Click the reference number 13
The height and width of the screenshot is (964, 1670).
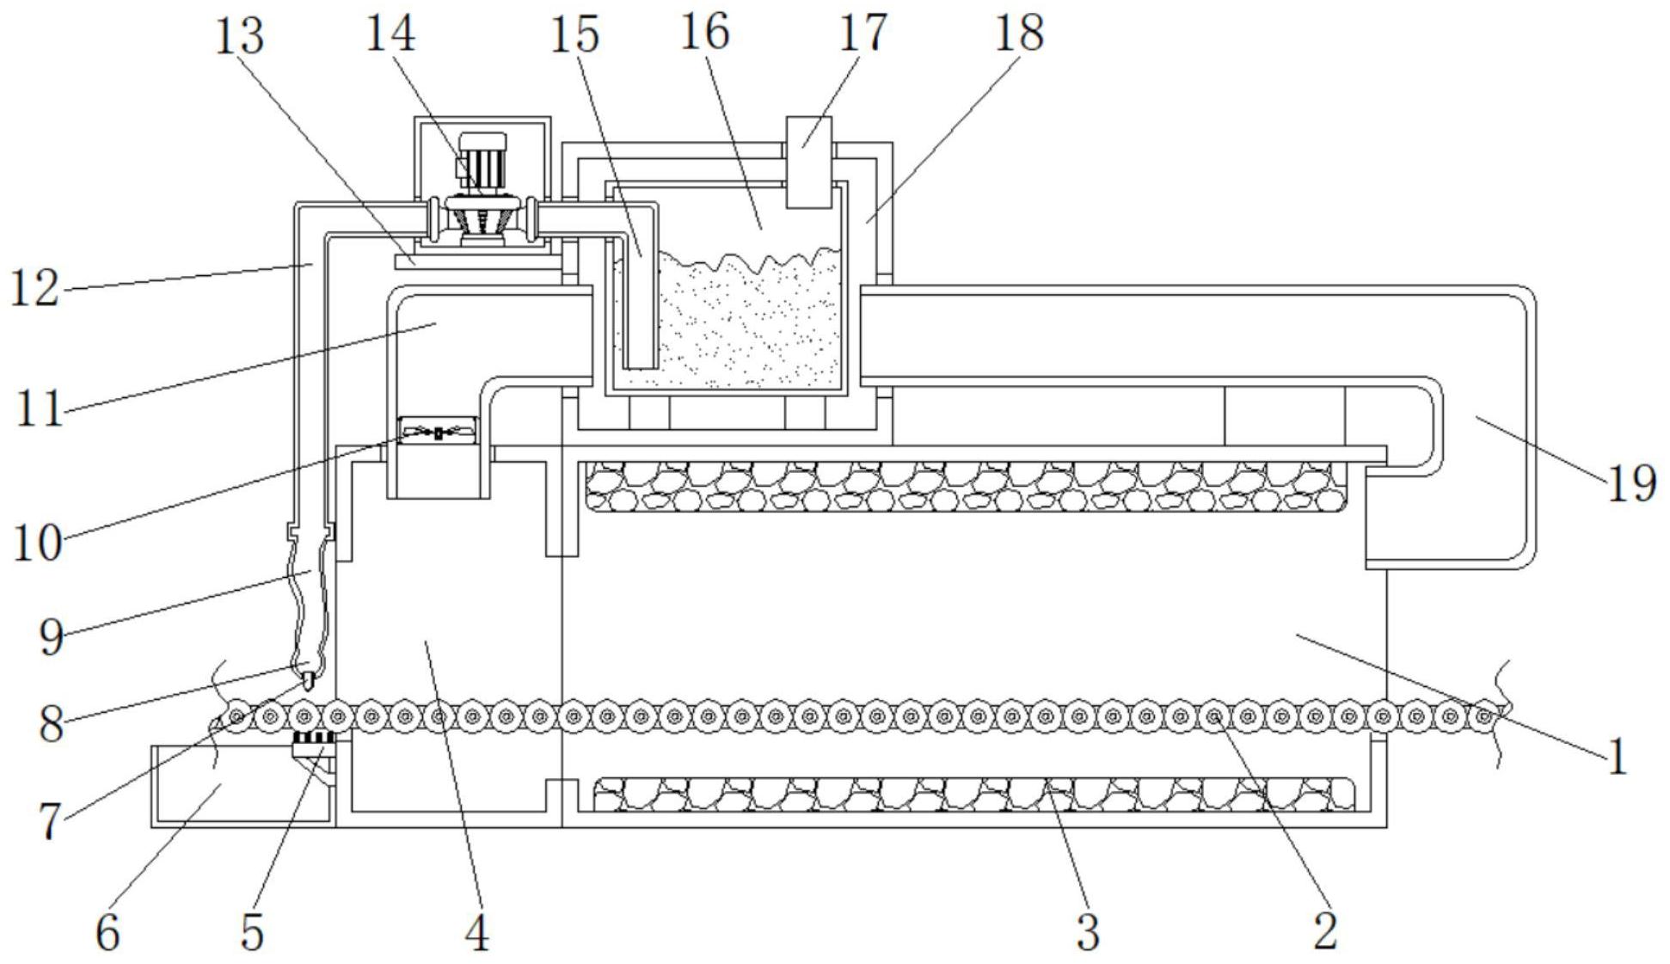tap(238, 37)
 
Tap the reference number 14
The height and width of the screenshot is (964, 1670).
tap(391, 34)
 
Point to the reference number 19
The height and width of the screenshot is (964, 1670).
tap(1631, 483)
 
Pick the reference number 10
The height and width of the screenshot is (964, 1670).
tap(38, 543)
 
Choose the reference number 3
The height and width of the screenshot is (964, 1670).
tap(1088, 932)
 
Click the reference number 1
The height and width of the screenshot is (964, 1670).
tap(1618, 758)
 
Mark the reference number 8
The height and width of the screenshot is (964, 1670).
tap(52, 725)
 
